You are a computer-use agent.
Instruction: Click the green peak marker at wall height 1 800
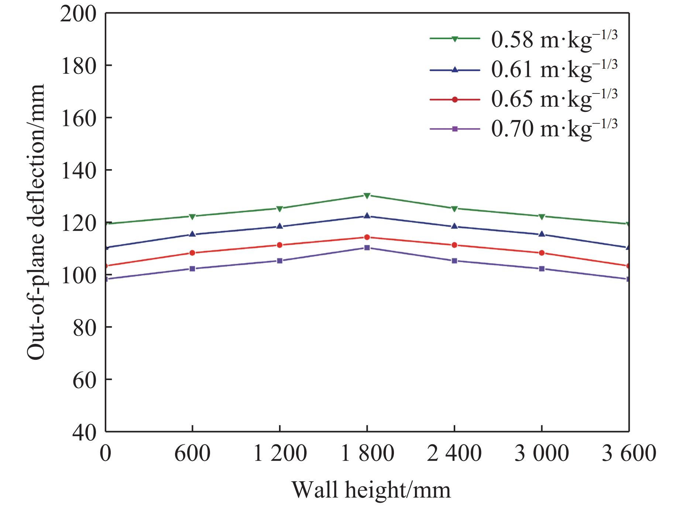pos(367,195)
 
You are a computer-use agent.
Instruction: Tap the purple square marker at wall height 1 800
pos(367,247)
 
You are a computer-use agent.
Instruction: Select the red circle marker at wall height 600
pos(192,253)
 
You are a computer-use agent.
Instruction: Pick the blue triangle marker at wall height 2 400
pos(454,226)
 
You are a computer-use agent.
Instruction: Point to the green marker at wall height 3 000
pos(542,216)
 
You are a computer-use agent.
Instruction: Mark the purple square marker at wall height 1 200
pos(279,261)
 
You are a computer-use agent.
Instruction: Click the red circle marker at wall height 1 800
pos(367,237)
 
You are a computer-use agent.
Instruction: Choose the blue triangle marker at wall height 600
pos(192,234)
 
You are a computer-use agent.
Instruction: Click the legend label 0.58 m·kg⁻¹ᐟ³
pos(554,40)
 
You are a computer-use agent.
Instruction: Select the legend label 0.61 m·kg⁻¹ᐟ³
pos(554,69)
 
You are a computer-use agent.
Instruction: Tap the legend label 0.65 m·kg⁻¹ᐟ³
pos(554,99)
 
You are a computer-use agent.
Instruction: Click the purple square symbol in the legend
pos(455,129)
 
